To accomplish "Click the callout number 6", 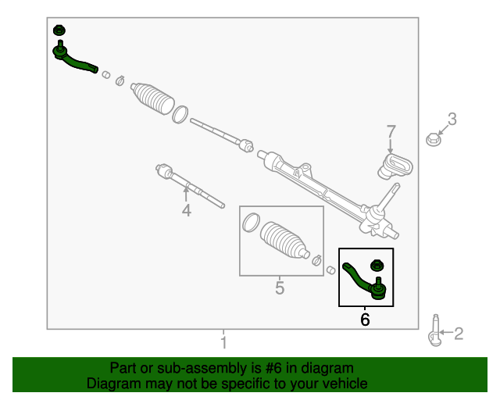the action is (365, 320).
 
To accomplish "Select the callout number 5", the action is (280, 287).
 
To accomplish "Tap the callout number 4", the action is (187, 210).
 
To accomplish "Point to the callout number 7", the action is (391, 131).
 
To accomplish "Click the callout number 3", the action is (452, 119).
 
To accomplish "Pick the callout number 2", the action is (459, 334).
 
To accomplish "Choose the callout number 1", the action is (224, 342).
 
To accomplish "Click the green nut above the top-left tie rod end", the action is (59, 30).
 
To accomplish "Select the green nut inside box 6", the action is (377, 266).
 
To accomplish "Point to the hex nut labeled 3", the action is (433, 139).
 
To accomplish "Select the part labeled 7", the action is (395, 166).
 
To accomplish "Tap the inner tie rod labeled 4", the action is (190, 186).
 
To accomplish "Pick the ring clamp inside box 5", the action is (251, 223).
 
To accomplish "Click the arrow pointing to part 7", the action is (391, 145).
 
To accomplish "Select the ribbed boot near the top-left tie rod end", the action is (152, 99).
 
